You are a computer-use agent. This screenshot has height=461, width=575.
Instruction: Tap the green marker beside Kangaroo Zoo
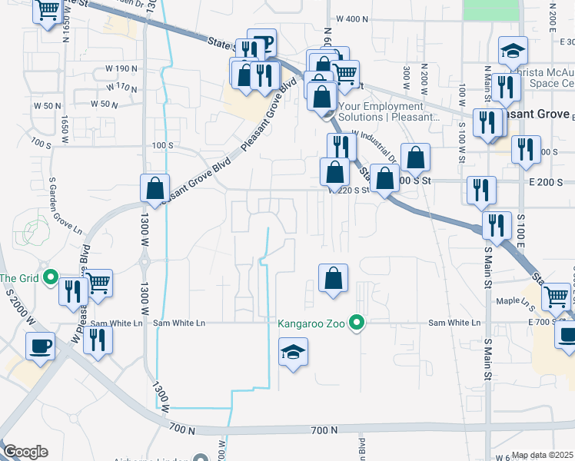click(x=356, y=323)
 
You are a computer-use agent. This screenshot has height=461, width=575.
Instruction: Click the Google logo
click(x=25, y=452)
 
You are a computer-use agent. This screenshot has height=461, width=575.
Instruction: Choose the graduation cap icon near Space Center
click(x=513, y=51)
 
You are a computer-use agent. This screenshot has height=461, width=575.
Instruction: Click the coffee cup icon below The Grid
click(x=39, y=345)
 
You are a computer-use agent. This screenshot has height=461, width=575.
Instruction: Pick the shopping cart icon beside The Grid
click(x=98, y=284)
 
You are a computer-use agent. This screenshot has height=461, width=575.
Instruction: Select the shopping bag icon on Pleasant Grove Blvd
click(x=155, y=187)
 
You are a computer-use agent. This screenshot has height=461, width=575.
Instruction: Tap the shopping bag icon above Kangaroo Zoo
click(x=333, y=278)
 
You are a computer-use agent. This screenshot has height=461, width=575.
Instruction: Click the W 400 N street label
click(x=354, y=18)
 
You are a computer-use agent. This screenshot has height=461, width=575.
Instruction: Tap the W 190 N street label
click(x=120, y=68)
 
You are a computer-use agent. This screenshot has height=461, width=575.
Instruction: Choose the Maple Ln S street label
click(x=514, y=301)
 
